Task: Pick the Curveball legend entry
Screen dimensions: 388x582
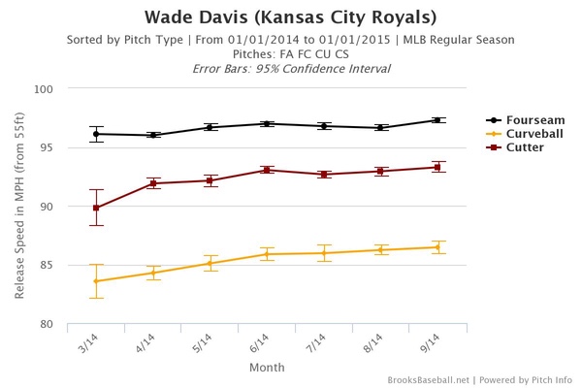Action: click(x=519, y=134)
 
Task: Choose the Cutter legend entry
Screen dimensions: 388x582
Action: click(x=513, y=148)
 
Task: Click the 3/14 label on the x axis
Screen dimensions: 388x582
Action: click(x=89, y=340)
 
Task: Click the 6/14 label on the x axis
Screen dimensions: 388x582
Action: click(x=260, y=340)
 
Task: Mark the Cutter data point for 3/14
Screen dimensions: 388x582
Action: click(x=96, y=208)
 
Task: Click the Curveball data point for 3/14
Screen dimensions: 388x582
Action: click(x=96, y=281)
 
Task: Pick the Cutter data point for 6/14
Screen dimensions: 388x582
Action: click(x=267, y=170)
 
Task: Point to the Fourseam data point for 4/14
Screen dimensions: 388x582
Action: click(x=153, y=135)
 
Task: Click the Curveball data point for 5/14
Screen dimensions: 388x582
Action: click(x=210, y=263)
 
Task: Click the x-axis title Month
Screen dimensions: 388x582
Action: click(x=267, y=368)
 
